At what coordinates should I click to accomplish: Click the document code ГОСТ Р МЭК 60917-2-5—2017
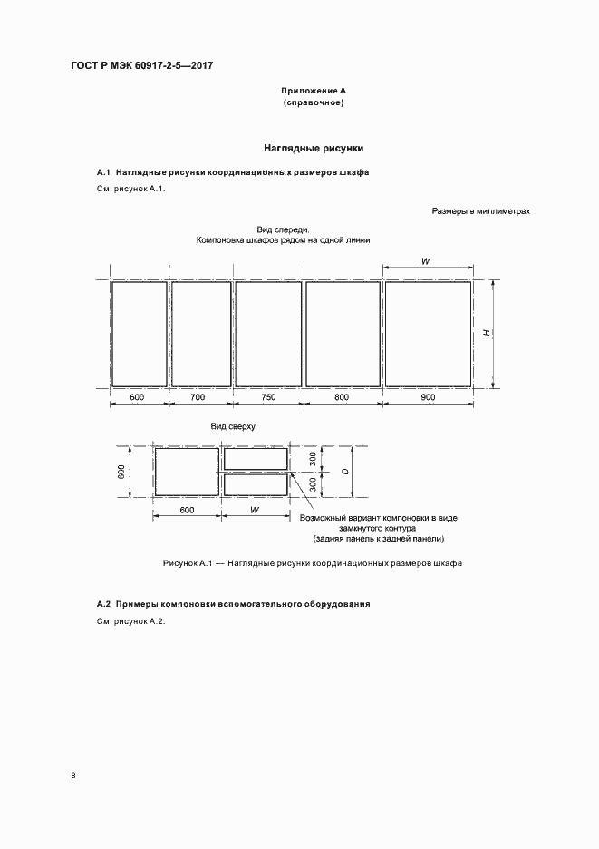(135, 66)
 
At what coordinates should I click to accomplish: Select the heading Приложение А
(314, 92)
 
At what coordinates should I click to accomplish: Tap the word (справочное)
(314, 103)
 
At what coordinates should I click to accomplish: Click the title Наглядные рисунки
(314, 147)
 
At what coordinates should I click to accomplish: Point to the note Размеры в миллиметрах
(480, 211)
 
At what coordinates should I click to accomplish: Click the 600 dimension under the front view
(138, 397)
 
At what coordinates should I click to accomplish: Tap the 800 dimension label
(341, 397)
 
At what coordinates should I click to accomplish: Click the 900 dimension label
(428, 397)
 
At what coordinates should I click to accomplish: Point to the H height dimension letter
(487, 334)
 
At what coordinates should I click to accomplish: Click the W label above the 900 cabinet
(426, 261)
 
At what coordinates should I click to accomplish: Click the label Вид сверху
(233, 425)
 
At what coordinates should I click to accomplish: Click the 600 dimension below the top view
(187, 510)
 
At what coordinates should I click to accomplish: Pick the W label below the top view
(255, 510)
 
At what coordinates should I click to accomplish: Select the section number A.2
(103, 604)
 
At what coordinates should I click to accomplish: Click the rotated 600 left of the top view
(121, 472)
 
